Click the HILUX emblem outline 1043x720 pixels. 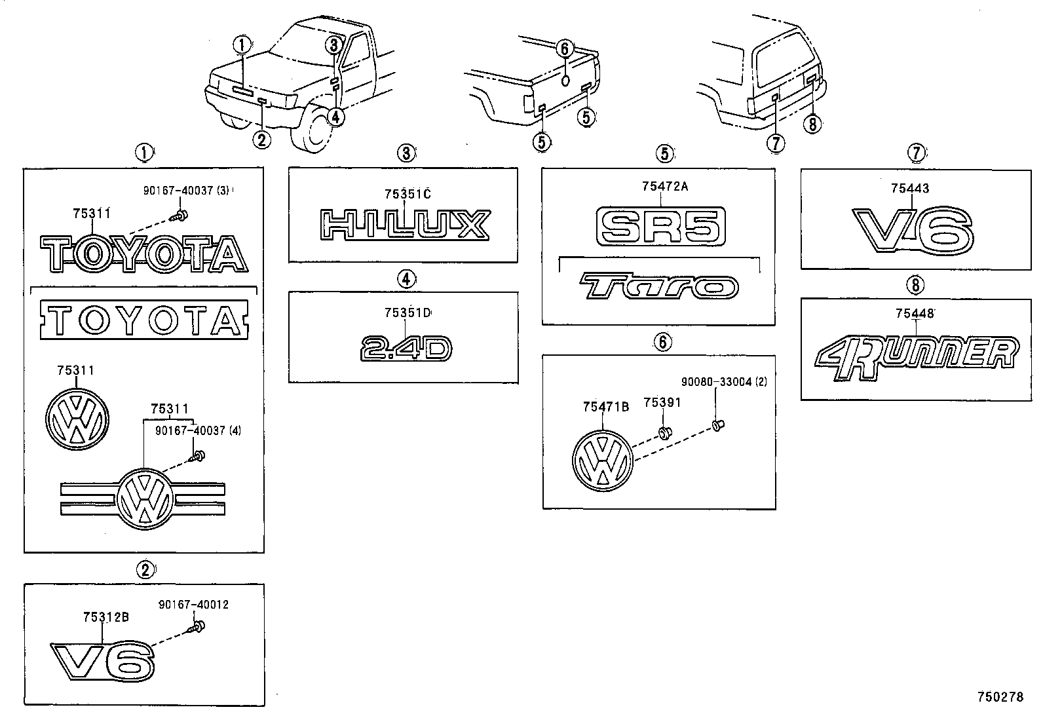pos(404,225)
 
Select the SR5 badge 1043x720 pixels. pos(661,227)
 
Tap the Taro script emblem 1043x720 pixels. pos(658,287)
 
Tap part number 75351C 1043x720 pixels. pos(408,194)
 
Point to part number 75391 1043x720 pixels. pos(661,403)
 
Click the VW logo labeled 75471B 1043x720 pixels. pos(603,461)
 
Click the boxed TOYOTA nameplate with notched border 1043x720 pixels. pos(144,319)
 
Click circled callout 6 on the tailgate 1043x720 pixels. pos(565,48)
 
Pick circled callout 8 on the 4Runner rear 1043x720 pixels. pos(812,123)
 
